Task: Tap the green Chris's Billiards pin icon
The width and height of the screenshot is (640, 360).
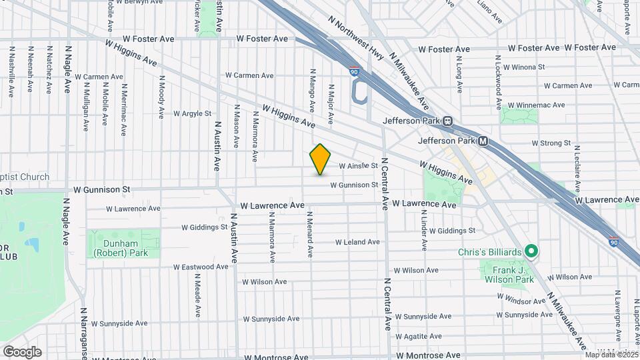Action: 531,252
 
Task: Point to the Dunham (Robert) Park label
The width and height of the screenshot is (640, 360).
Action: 123,248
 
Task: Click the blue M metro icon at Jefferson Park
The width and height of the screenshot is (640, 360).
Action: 483,141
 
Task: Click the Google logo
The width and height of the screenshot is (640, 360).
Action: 22,352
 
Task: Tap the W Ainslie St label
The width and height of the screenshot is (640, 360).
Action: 359,166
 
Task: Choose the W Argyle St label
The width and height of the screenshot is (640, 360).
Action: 192,114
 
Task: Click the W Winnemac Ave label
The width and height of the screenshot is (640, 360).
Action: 536,105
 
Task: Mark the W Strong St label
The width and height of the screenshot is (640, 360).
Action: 551,143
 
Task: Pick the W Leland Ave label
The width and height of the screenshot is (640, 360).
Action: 357,242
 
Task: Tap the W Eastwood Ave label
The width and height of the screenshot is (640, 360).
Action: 201,267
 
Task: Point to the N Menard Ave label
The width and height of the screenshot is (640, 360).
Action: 310,235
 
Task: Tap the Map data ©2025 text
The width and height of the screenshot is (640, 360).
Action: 609,354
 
